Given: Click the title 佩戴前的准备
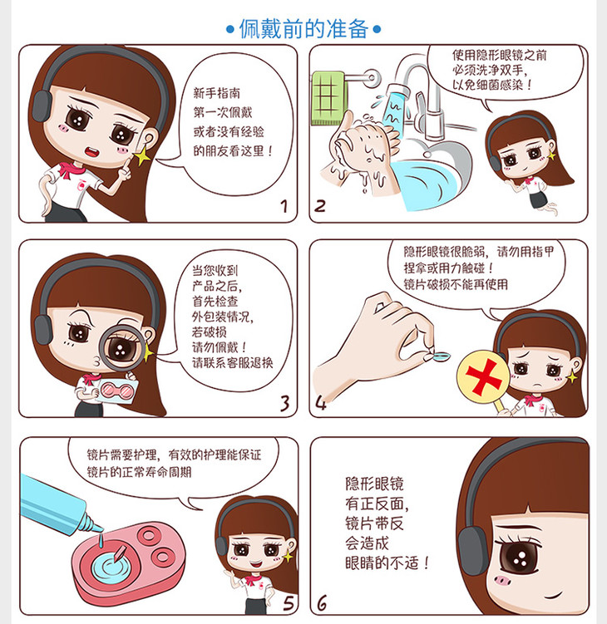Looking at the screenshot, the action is (x=303, y=28).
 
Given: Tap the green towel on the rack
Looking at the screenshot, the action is (x=328, y=97).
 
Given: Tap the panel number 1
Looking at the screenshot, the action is (x=284, y=207).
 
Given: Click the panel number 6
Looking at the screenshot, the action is (x=322, y=602).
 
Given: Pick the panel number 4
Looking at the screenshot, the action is (x=321, y=403).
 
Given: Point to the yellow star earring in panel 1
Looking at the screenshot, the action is (x=142, y=156).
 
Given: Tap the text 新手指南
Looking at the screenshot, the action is (x=217, y=93).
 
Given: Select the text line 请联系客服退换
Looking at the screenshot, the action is (x=233, y=362).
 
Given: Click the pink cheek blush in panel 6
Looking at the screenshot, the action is (x=503, y=580).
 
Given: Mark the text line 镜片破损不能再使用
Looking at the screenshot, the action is (x=456, y=284).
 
